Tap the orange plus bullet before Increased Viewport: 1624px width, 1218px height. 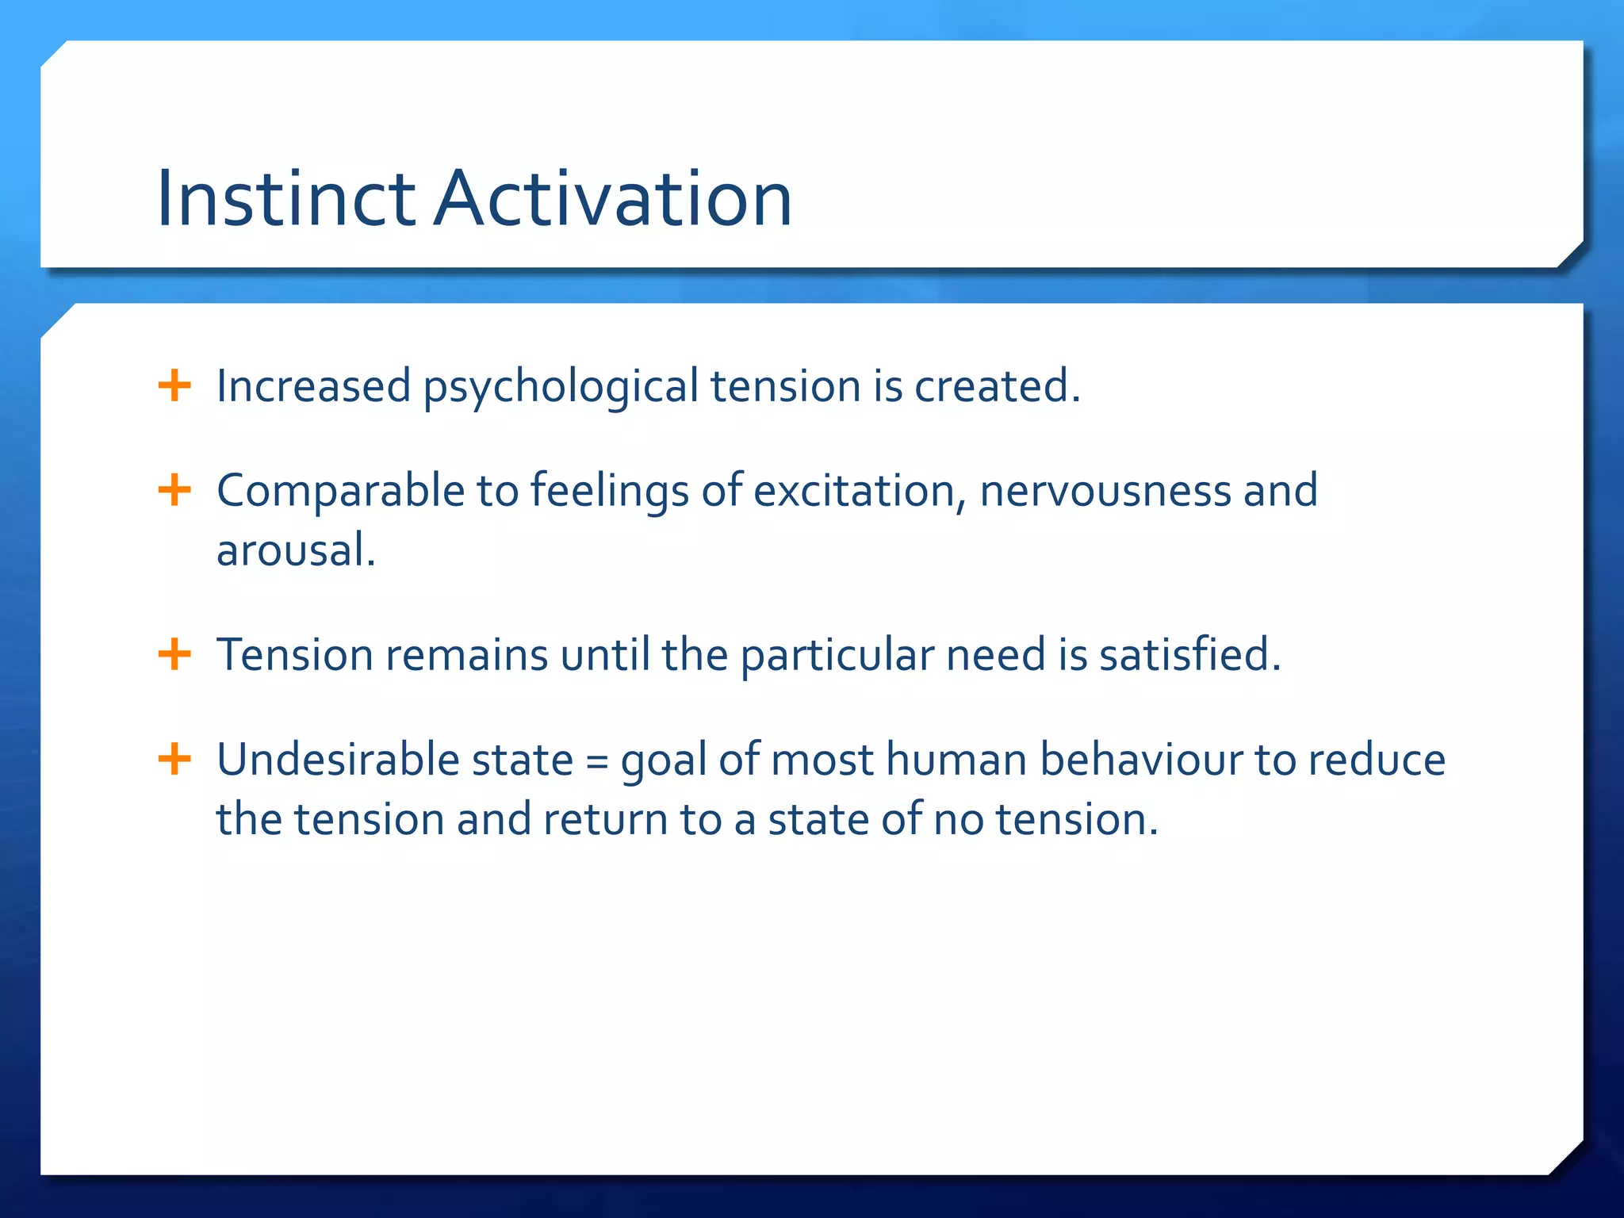click(x=174, y=386)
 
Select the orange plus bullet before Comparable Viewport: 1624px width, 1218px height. click(x=174, y=490)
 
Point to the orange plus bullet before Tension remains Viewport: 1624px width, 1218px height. click(x=174, y=655)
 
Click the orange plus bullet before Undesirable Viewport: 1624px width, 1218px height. click(x=174, y=760)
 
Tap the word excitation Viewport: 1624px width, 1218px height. click(x=853, y=490)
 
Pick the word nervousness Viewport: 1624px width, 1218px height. click(x=1105, y=490)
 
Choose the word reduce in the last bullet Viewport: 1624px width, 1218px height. click(x=1376, y=760)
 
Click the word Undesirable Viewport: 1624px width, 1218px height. click(x=339, y=760)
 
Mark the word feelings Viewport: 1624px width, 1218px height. click(x=609, y=492)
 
